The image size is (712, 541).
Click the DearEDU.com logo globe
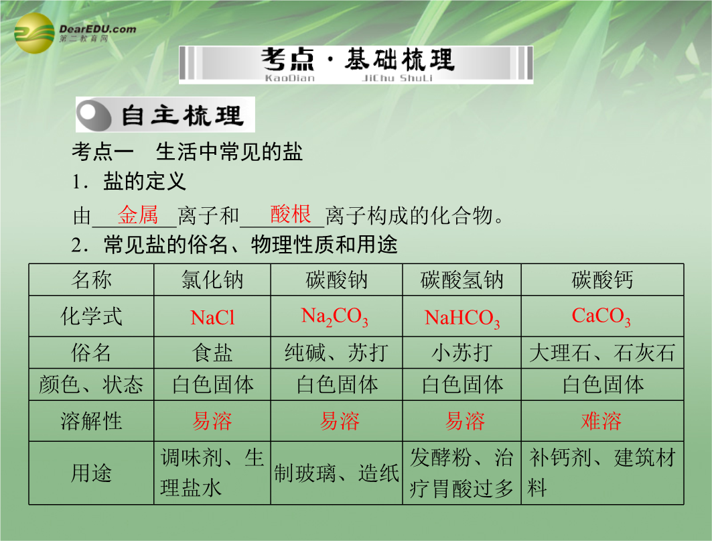pyautogui.click(x=35, y=34)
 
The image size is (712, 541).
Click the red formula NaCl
pyautogui.click(x=212, y=317)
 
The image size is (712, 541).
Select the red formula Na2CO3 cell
pyautogui.click(x=335, y=317)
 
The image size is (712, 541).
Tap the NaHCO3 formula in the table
pyautogui.click(x=461, y=318)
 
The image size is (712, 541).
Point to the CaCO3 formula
pyautogui.click(x=601, y=316)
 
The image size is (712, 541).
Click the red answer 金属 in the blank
pyautogui.click(x=137, y=215)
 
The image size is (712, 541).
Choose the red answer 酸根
pyautogui.click(x=290, y=214)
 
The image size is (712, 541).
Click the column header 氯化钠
pyautogui.click(x=212, y=280)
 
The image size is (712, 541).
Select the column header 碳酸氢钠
pyautogui.click(x=461, y=280)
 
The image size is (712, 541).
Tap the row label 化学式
pyautogui.click(x=91, y=316)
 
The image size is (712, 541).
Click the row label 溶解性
pyautogui.click(x=91, y=421)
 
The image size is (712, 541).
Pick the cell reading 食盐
pyautogui.click(x=212, y=353)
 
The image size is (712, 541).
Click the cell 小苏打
pyautogui.click(x=461, y=353)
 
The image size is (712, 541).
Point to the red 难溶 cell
pyautogui.click(x=601, y=421)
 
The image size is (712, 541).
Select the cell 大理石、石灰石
pyautogui.click(x=602, y=353)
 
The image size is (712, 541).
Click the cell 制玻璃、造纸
pyautogui.click(x=336, y=473)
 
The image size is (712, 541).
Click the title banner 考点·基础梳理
pyautogui.click(x=356, y=65)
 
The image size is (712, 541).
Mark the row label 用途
pyautogui.click(x=91, y=473)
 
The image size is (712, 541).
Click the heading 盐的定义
pyautogui.click(x=145, y=182)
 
